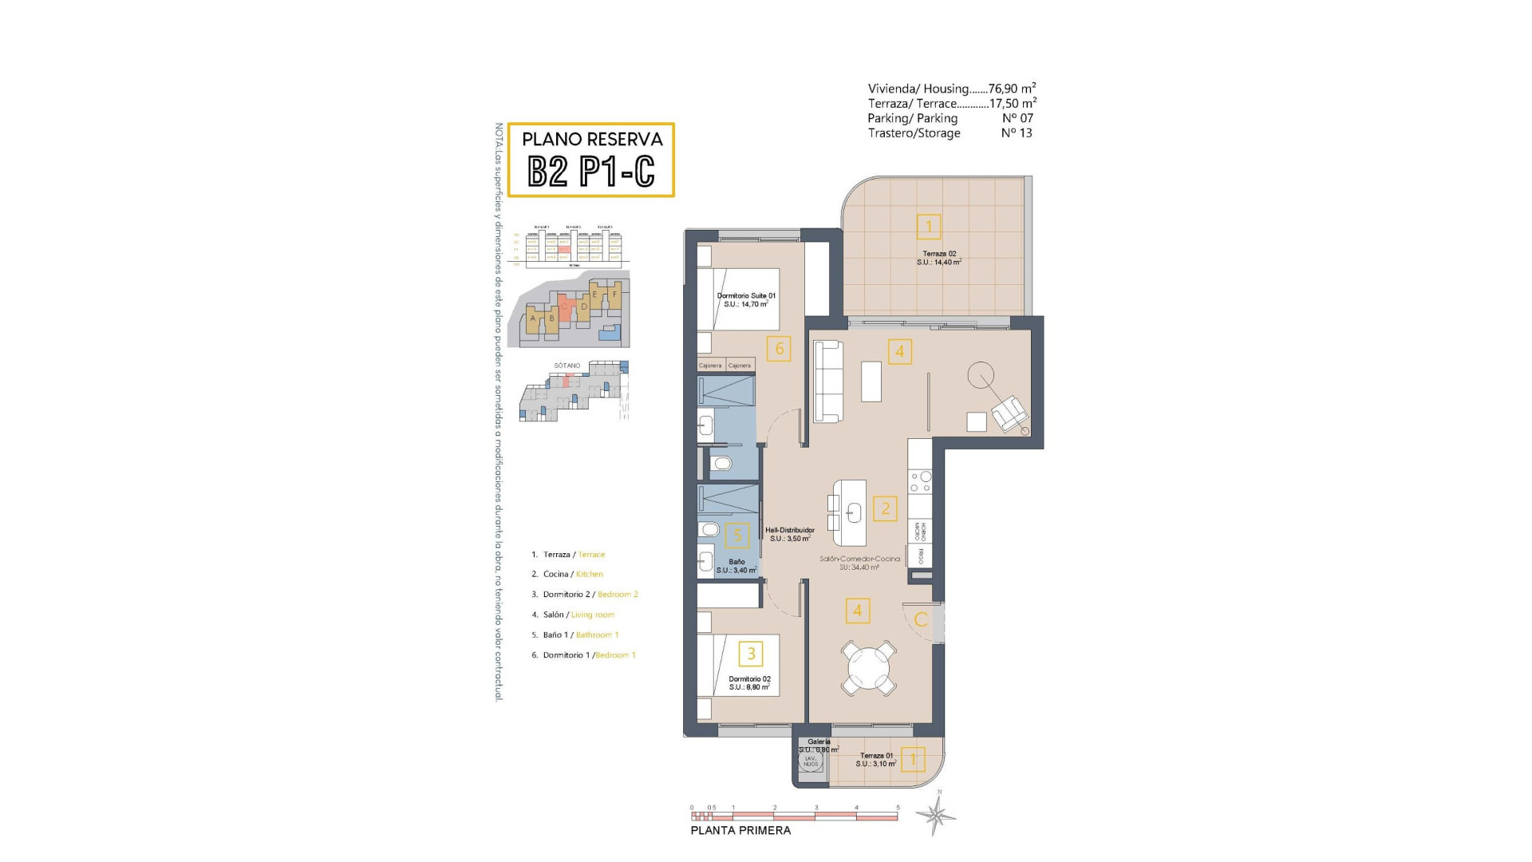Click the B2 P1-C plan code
[x=591, y=170]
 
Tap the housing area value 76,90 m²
[x=1012, y=89]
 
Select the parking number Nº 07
[x=1017, y=118]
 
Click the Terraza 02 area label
[x=939, y=258]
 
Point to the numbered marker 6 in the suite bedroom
[x=779, y=348]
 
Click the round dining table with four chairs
[x=869, y=666]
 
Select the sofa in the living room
[x=828, y=382]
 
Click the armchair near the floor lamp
[x=1009, y=413]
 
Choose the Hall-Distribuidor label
[x=790, y=534]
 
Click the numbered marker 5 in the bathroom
[x=737, y=536]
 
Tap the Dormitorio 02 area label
[x=749, y=683]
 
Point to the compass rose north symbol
[x=937, y=814]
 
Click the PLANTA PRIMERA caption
[x=740, y=830]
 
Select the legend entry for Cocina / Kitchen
[x=573, y=574]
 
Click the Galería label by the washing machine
[x=819, y=745]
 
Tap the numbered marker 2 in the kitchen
[x=885, y=508]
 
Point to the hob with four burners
[x=920, y=481]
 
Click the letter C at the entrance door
[x=921, y=619]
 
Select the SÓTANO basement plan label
[x=567, y=366]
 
